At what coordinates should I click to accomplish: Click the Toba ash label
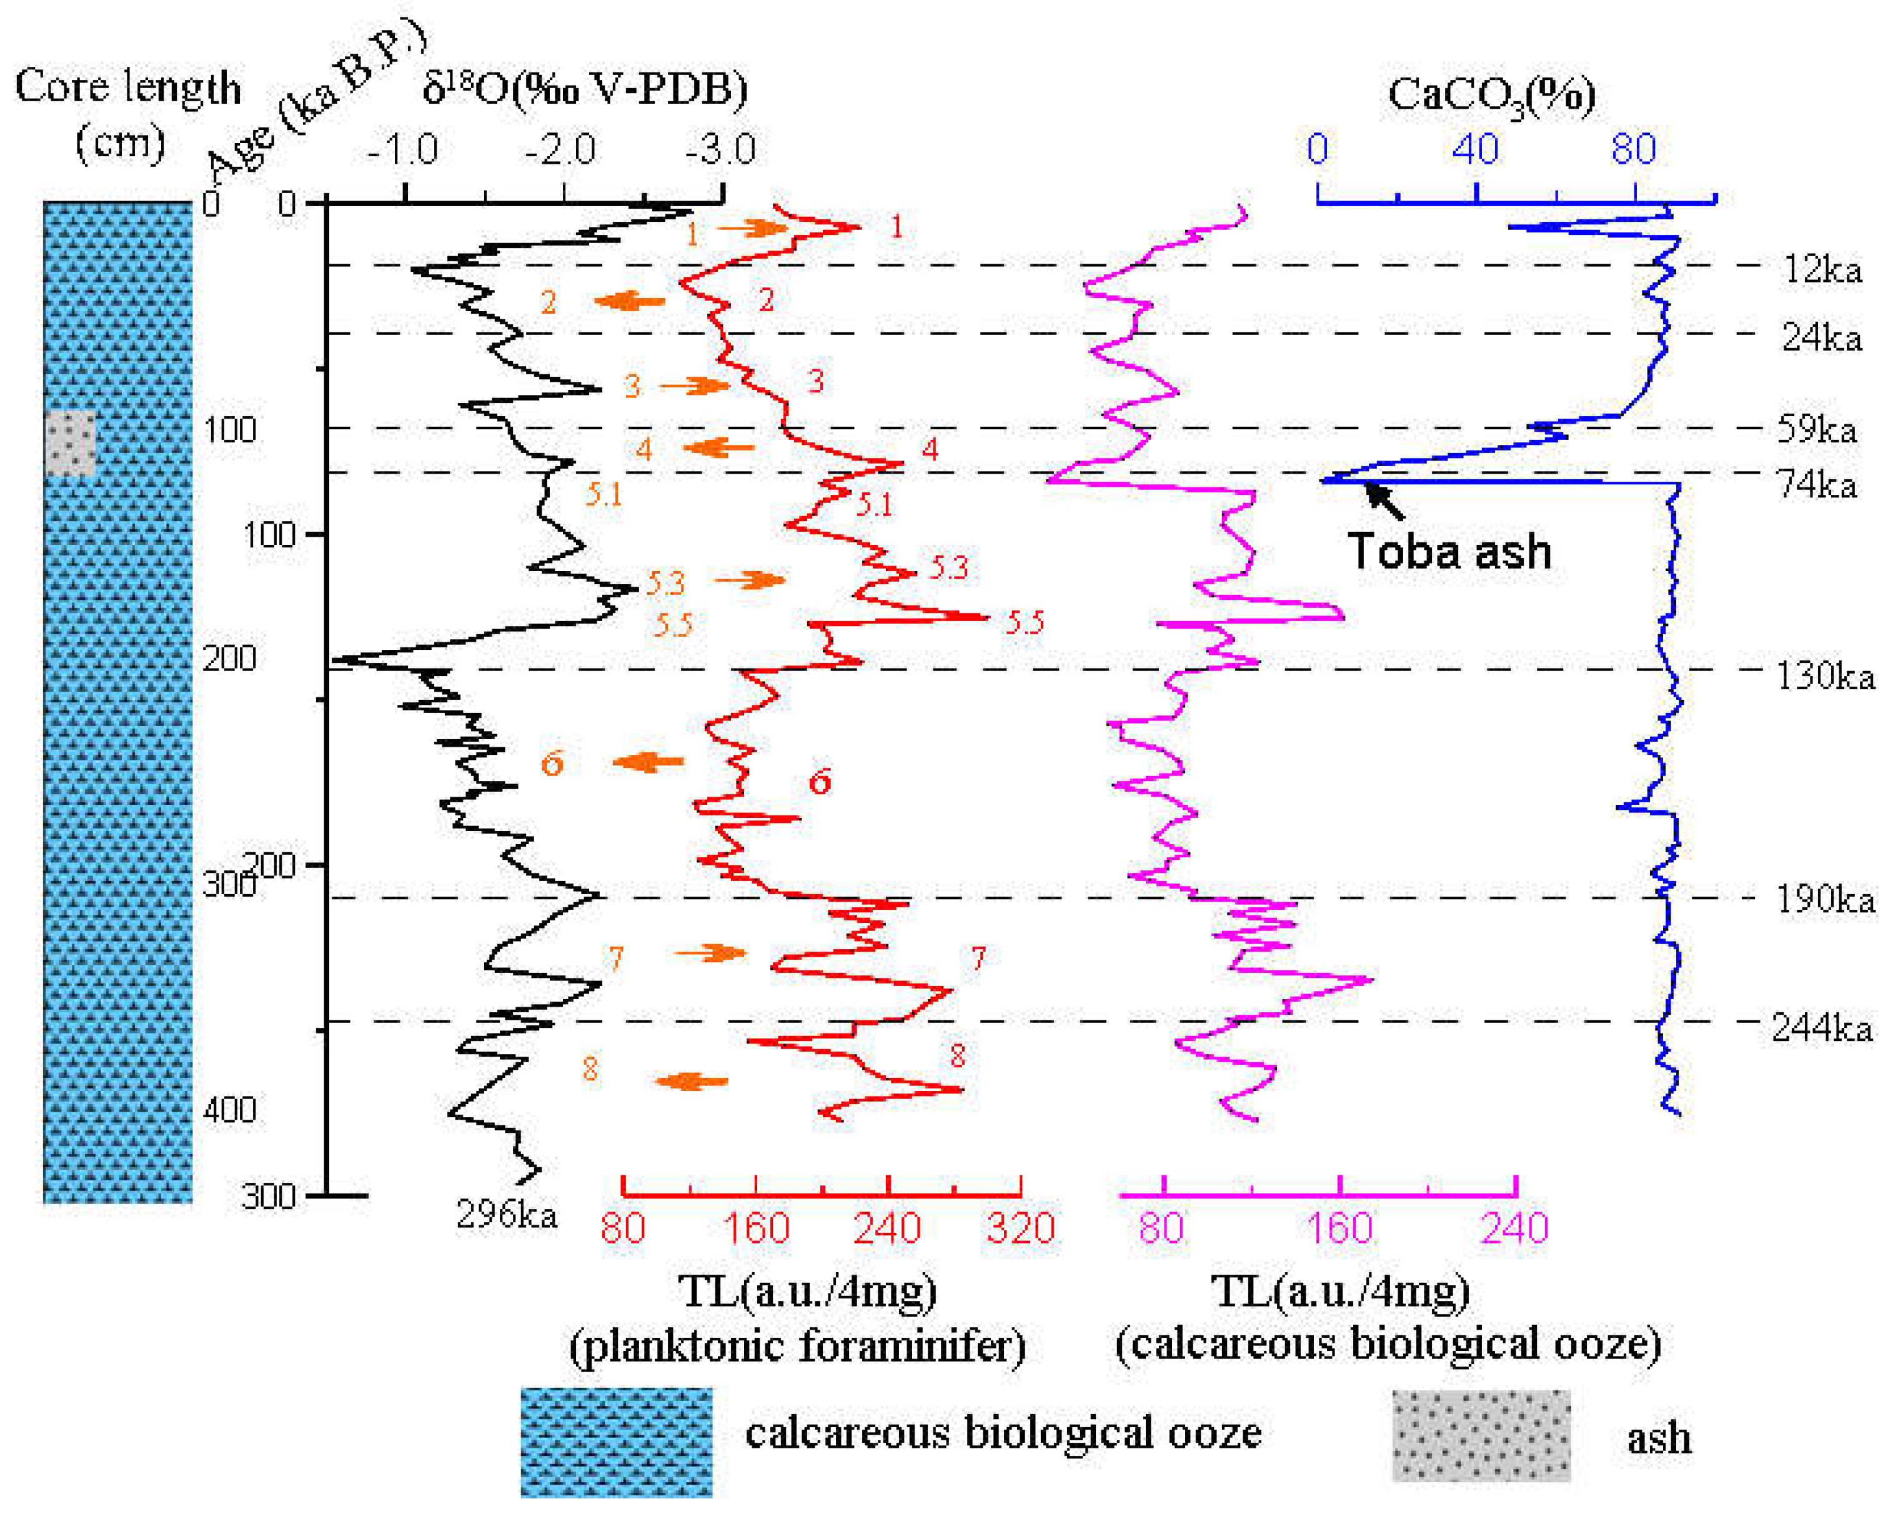(1449, 552)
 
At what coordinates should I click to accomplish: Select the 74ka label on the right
(1816, 484)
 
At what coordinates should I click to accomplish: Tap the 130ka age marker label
(1824, 675)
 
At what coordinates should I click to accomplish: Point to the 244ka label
(1821, 1028)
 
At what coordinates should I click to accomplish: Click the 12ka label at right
(1822, 269)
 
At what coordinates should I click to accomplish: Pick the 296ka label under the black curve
(506, 1215)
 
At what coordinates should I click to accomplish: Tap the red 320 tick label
(1020, 1228)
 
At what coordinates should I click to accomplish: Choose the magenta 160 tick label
(1340, 1228)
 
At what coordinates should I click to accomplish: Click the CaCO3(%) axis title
(1491, 94)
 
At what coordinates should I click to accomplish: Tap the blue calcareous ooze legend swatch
(616, 1442)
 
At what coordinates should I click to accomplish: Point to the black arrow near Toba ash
(1384, 500)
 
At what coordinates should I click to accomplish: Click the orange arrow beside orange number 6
(648, 761)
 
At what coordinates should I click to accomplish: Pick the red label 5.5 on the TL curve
(1025, 622)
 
